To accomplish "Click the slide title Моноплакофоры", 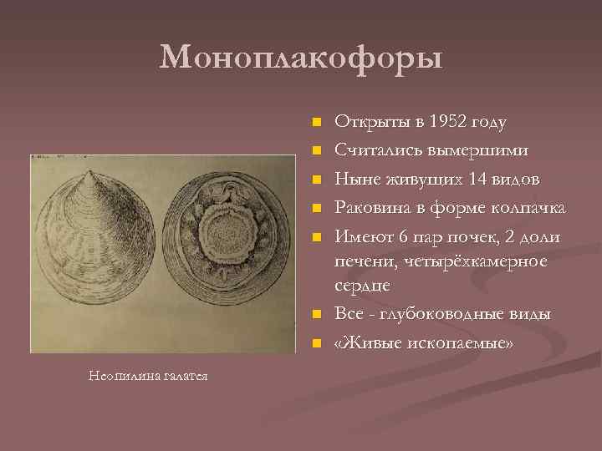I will pyautogui.click(x=301, y=58).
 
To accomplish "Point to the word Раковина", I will pyautogui.click(x=370, y=207).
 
